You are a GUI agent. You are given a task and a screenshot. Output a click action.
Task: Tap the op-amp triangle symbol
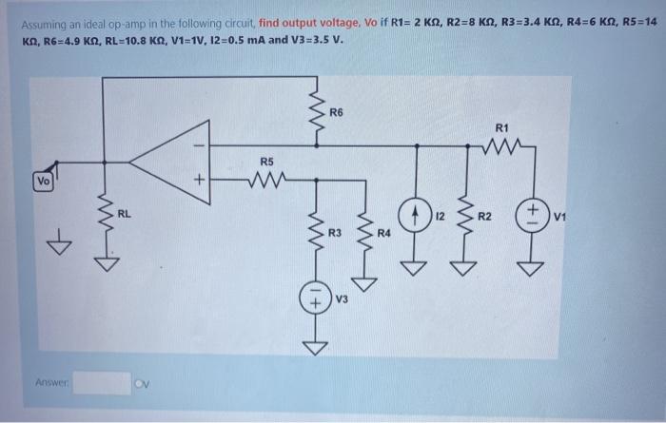point(171,159)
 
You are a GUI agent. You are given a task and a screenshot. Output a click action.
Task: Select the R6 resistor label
point(335,114)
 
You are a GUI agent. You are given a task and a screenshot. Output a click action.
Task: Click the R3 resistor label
point(334,232)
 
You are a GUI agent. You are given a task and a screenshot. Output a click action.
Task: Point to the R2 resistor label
point(484,217)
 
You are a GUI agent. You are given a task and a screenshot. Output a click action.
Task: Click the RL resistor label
point(124,214)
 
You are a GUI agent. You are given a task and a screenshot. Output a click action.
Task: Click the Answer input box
point(102,383)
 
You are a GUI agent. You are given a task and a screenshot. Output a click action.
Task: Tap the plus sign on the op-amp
point(199,178)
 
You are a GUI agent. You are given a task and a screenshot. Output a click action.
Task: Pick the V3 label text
point(342,299)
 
